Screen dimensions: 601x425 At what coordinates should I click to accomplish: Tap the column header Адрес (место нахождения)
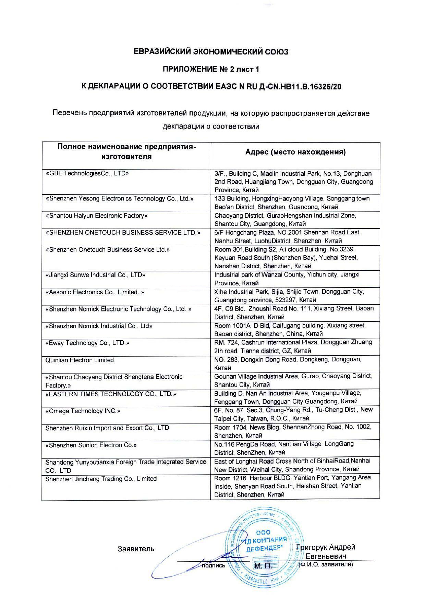point(295,152)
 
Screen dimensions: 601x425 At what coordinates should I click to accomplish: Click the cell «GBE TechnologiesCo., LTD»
point(87,173)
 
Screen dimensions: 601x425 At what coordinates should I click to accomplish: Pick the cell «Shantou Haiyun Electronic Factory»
point(97,216)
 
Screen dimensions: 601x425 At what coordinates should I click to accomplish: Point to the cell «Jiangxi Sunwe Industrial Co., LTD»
point(95,275)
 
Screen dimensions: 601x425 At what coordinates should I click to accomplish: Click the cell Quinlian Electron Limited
point(81,360)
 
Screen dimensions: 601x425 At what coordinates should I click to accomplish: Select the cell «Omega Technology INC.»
point(83,411)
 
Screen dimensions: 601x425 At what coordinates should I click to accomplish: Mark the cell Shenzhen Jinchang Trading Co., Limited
point(101,479)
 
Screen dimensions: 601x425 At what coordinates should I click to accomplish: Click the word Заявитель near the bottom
point(136,549)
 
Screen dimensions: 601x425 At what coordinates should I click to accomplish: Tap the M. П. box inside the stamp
point(263,566)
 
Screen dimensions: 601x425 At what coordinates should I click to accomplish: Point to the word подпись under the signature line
point(214,566)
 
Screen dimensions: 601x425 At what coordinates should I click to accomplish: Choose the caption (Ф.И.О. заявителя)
point(326,564)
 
